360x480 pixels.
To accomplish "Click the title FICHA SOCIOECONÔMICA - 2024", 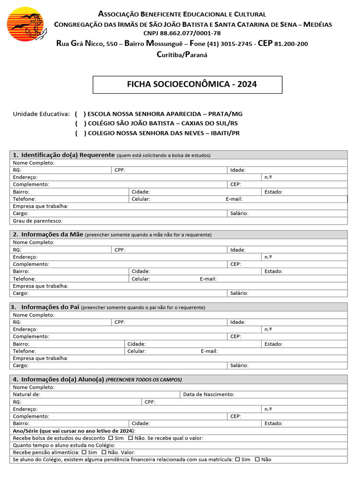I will (187, 85).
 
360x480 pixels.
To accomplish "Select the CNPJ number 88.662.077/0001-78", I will (182, 33).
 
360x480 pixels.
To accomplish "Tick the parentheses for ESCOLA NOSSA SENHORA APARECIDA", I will (80, 114).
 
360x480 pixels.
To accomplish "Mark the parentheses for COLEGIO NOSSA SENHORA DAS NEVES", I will (80, 133).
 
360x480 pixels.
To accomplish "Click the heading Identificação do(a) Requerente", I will (68, 155).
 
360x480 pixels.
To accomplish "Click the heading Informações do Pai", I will (50, 307).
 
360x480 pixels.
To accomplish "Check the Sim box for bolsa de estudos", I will (110, 438).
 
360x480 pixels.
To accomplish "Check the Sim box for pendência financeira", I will (238, 460).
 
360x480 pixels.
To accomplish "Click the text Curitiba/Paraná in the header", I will (182, 54).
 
